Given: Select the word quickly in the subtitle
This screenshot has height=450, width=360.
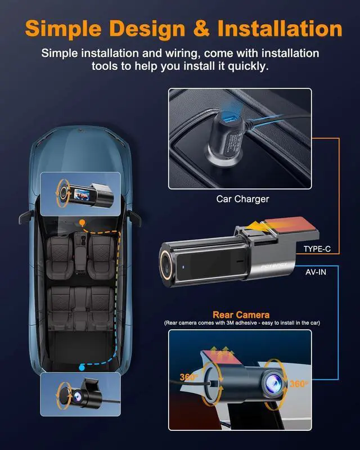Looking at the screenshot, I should [249, 66].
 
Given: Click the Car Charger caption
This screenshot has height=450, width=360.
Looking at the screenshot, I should [242, 199].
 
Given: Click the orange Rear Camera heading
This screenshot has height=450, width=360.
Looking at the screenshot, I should [240, 315].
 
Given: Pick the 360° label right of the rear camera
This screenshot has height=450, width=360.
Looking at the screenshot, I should [299, 384].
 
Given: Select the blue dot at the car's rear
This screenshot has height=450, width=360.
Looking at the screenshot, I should [82, 367].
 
